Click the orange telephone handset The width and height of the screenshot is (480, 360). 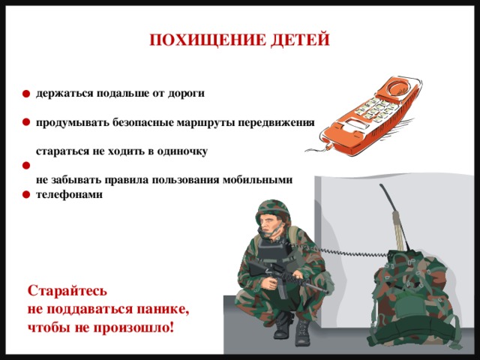[368, 117]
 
